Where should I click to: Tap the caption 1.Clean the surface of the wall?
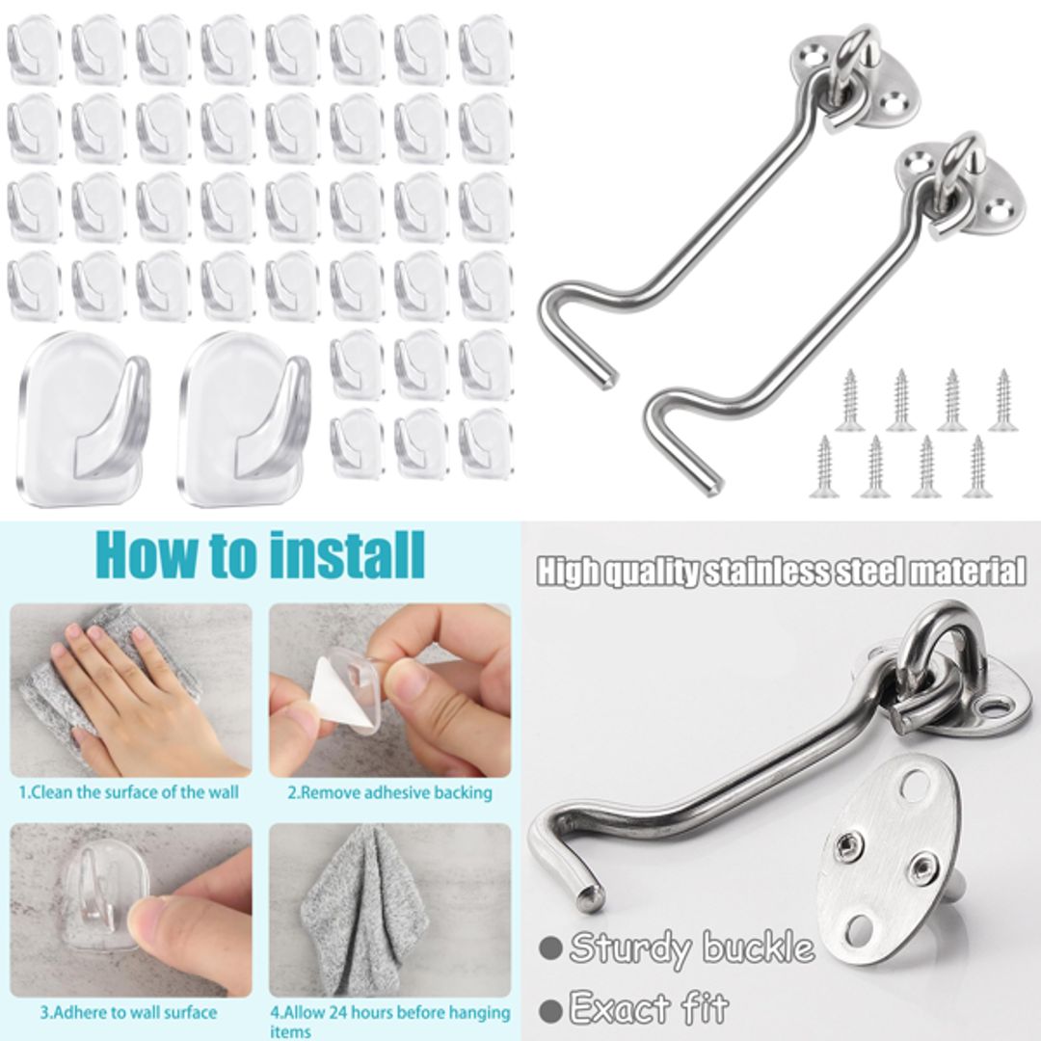(x=128, y=793)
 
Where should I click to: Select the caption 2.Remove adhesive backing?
(x=389, y=793)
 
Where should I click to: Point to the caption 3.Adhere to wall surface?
(x=128, y=1013)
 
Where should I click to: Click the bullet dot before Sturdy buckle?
(x=551, y=948)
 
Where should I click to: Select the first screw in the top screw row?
(x=849, y=401)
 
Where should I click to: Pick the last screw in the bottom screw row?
(x=976, y=467)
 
